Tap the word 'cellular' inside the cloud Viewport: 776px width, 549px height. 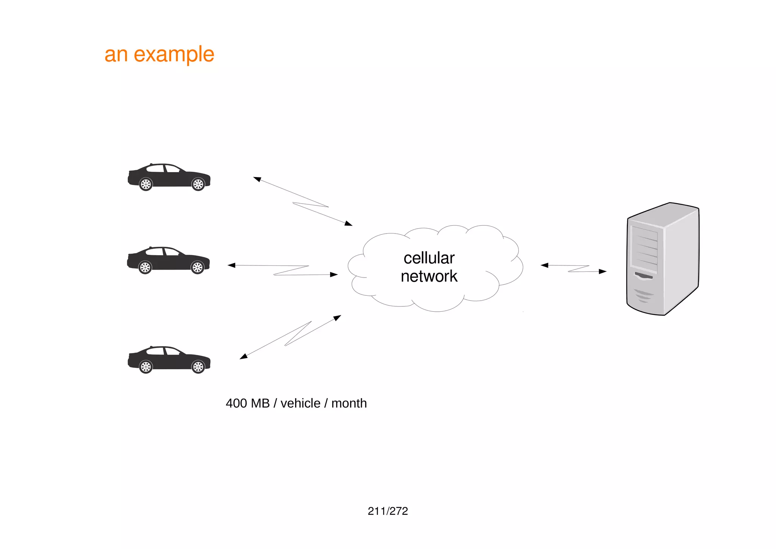click(x=429, y=258)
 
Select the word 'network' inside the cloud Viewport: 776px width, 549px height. click(x=429, y=276)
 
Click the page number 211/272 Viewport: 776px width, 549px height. click(x=388, y=511)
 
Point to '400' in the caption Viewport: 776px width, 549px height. click(x=236, y=403)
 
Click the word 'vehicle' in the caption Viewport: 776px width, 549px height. click(x=300, y=403)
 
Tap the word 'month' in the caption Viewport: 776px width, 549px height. click(x=349, y=403)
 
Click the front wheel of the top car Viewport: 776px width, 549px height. click(x=198, y=184)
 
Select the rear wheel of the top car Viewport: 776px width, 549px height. click(x=146, y=184)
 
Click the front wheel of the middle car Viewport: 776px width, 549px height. click(x=197, y=267)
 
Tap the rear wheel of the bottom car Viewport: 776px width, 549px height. click(x=146, y=367)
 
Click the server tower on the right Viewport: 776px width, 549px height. click(x=663, y=259)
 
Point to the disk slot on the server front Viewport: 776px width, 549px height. click(x=644, y=276)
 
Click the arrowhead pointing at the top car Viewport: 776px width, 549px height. click(x=257, y=179)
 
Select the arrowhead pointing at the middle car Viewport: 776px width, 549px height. click(x=231, y=265)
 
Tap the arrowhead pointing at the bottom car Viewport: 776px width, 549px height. click(x=243, y=357)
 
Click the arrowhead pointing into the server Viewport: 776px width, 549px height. click(x=603, y=271)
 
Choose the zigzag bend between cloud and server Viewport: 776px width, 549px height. click(x=579, y=268)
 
